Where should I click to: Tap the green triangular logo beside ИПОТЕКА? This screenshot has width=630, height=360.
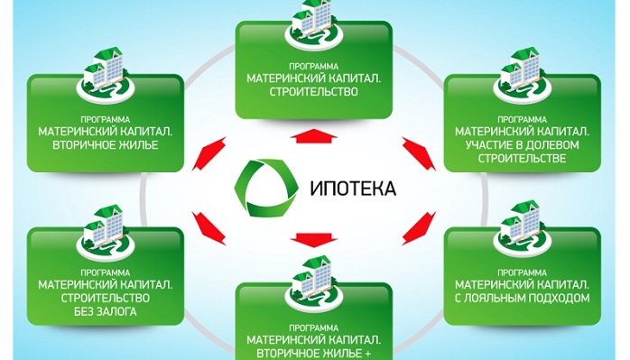click(x=263, y=186)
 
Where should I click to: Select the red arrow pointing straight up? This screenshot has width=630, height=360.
click(x=310, y=135)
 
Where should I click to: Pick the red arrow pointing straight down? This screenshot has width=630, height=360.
click(x=310, y=238)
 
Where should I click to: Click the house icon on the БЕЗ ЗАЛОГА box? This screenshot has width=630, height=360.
click(x=102, y=226)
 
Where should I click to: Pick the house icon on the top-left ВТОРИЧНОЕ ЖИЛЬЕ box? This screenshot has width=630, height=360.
click(x=102, y=67)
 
